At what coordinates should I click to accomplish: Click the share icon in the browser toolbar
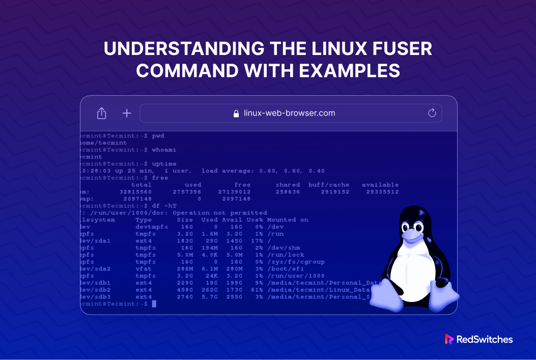click(x=101, y=113)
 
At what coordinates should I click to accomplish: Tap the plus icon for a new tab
click(x=127, y=113)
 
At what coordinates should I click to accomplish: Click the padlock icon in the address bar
click(x=236, y=114)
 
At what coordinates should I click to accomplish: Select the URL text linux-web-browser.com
click(x=289, y=113)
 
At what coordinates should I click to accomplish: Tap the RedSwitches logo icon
click(x=449, y=339)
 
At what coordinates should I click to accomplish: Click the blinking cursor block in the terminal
click(x=154, y=304)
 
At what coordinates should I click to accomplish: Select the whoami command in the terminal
click(x=164, y=150)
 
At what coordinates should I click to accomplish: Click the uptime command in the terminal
click(x=164, y=164)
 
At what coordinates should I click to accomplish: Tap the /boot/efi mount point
click(x=284, y=269)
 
